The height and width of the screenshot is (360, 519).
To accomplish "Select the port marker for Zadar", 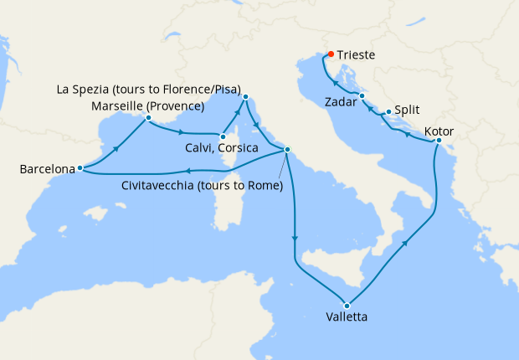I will click(362, 96).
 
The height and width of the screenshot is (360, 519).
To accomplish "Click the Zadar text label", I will click(340, 102).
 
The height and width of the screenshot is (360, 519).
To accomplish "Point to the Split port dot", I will click(388, 111).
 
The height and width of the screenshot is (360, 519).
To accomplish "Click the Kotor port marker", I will click(438, 140).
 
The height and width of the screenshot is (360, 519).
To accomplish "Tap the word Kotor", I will click(440, 131).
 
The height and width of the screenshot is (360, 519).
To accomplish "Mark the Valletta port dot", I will click(347, 305).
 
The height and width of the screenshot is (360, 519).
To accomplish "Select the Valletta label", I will click(347, 317).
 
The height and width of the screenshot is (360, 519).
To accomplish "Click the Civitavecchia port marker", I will click(287, 150).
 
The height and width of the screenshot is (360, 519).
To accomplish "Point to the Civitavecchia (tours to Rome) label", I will click(202, 185).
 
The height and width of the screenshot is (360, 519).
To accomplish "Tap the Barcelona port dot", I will click(80, 167).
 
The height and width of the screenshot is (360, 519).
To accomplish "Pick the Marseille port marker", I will click(148, 118).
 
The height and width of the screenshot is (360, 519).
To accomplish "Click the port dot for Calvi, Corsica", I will click(223, 136).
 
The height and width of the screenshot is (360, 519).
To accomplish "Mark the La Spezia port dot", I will click(245, 97).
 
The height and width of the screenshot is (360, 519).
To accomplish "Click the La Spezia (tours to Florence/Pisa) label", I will click(148, 89).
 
